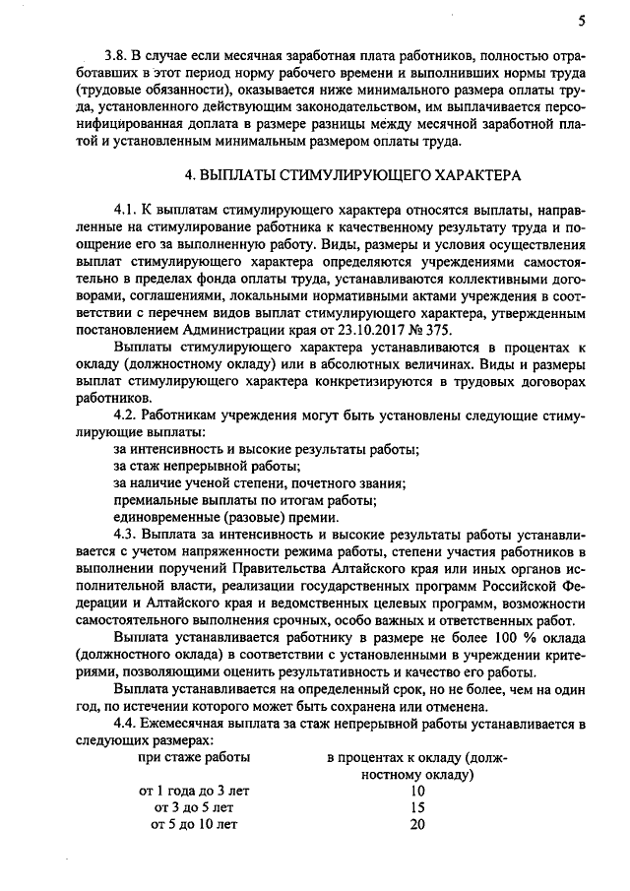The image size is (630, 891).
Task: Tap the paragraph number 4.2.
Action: [126, 414]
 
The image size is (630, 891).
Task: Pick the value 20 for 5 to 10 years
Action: [416, 825]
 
